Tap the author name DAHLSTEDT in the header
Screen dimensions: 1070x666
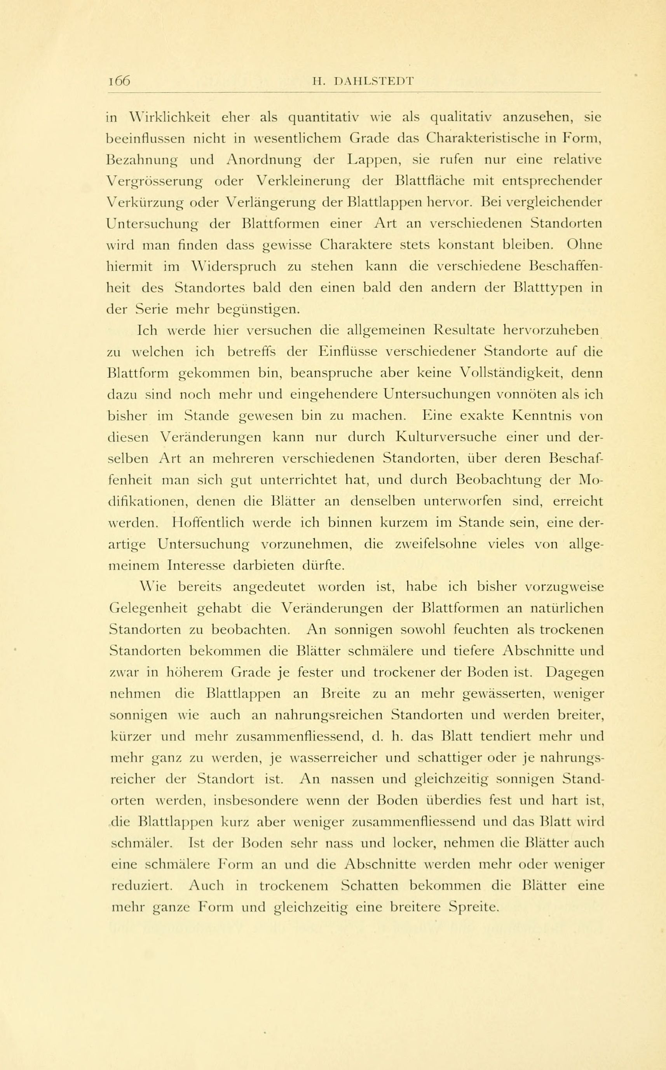click(x=375, y=81)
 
